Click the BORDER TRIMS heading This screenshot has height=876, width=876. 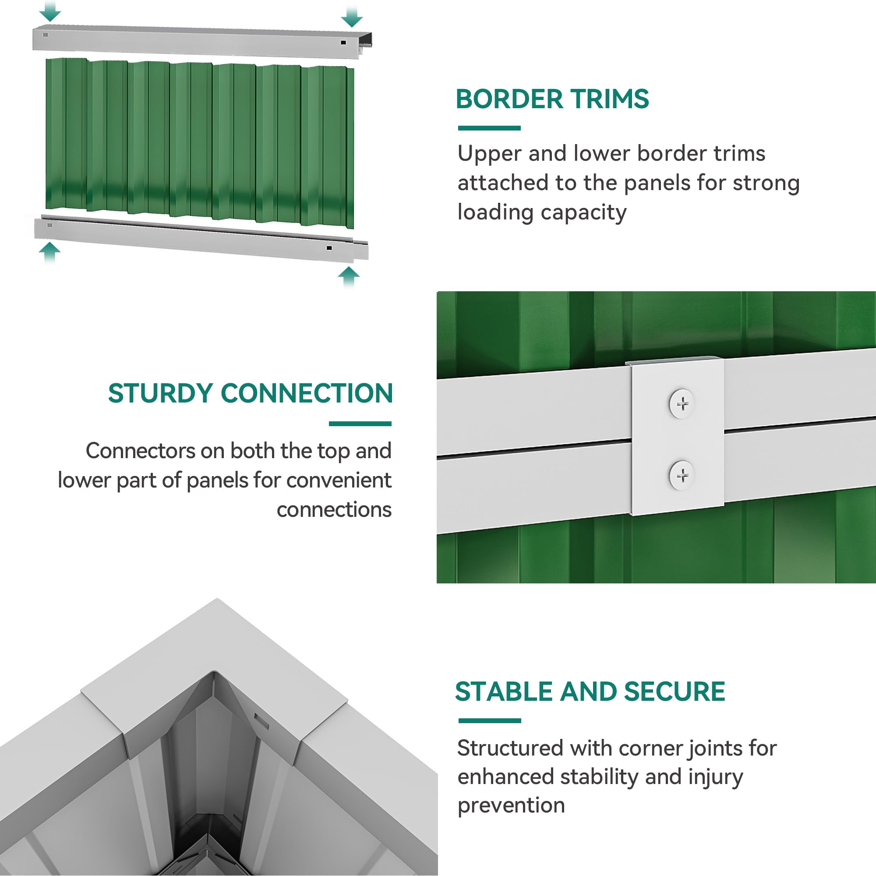(x=552, y=99)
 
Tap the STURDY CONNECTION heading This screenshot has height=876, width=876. (x=250, y=393)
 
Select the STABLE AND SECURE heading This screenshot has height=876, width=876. (x=590, y=692)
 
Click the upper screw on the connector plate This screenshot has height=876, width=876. (x=682, y=403)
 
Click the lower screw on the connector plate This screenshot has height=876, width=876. (x=682, y=475)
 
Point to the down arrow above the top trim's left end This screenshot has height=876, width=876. (x=50, y=11)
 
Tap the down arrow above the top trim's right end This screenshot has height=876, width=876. (x=351, y=16)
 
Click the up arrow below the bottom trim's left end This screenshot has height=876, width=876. (x=49, y=252)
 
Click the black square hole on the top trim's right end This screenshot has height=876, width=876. (x=343, y=42)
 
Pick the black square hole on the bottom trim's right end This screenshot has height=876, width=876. (x=329, y=248)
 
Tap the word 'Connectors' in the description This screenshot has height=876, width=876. (x=141, y=451)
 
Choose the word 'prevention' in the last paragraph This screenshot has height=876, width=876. (x=511, y=806)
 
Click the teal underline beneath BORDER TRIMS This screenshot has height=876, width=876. (x=489, y=128)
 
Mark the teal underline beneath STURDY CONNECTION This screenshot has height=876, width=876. (x=360, y=424)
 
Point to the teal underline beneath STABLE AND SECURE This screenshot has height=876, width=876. (x=490, y=721)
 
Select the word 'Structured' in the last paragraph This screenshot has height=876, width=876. (x=510, y=748)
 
